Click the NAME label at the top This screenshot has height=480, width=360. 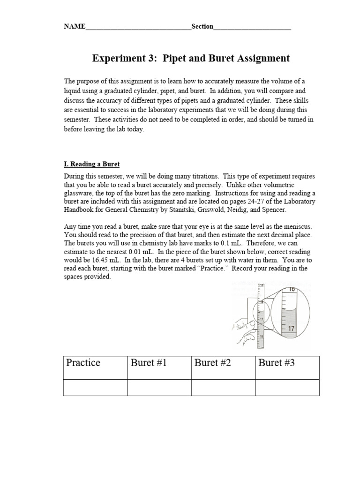tap(75, 27)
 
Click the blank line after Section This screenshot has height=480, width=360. tap(252, 27)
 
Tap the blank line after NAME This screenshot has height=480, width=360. tap(138, 27)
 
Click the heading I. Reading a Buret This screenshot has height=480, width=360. tap(92, 164)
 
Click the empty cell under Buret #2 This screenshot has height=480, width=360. tap(223, 388)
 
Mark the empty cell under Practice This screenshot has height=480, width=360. tap(95, 388)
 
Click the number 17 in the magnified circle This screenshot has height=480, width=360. tap(291, 329)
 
